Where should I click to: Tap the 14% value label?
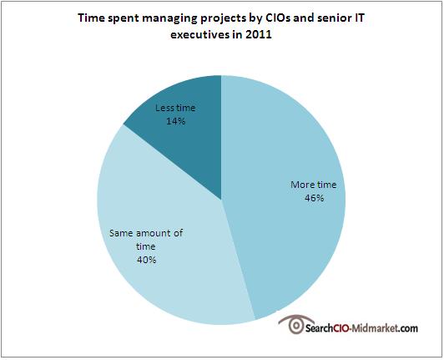(176, 121)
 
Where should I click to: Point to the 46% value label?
(314, 198)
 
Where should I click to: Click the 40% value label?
(146, 260)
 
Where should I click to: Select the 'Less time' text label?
(175, 108)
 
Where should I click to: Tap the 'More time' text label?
(314, 185)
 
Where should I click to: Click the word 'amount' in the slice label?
(154, 233)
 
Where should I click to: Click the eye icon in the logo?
(295, 324)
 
